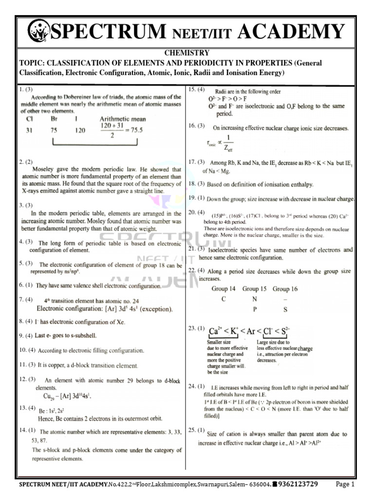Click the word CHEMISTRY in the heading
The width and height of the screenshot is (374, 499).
187,53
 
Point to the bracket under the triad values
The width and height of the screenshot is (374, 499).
94,143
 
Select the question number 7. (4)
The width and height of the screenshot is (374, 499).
26,299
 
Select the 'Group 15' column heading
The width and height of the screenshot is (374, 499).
255,288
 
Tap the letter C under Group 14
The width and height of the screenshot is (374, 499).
223,299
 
